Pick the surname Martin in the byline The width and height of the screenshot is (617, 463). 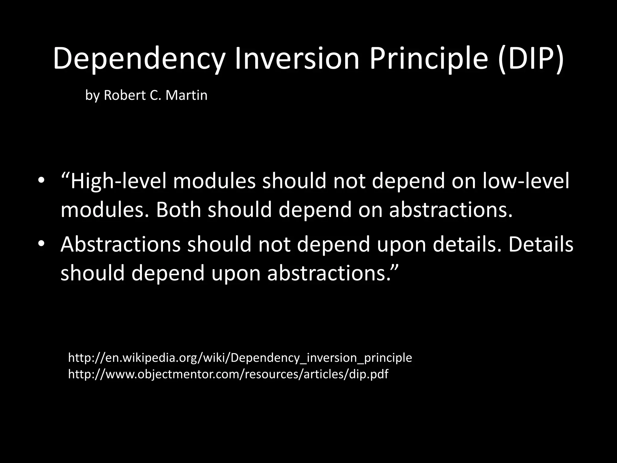point(186,96)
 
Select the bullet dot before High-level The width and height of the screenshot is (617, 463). point(41,181)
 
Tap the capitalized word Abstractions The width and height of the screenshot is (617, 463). point(121,244)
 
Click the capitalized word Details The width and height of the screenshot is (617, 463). point(541,244)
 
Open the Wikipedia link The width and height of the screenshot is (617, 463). point(240,358)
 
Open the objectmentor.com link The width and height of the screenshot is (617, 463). point(228,374)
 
